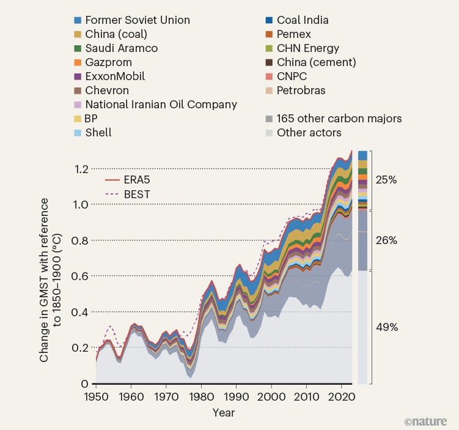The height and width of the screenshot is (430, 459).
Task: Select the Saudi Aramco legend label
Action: tap(122, 48)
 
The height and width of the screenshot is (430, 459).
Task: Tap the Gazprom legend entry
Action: tap(108, 62)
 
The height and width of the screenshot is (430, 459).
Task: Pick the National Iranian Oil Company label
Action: tap(161, 104)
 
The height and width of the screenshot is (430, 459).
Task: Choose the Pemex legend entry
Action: tap(294, 34)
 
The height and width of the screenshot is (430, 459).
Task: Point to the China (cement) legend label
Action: tap(316, 62)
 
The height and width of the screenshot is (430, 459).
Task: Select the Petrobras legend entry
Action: tap(301, 91)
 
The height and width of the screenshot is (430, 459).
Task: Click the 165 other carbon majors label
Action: tap(339, 118)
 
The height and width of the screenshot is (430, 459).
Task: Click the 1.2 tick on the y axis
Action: tap(81, 169)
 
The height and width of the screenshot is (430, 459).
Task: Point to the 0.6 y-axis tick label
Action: tap(81, 276)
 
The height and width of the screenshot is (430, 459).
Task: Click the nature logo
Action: tap(425, 421)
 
